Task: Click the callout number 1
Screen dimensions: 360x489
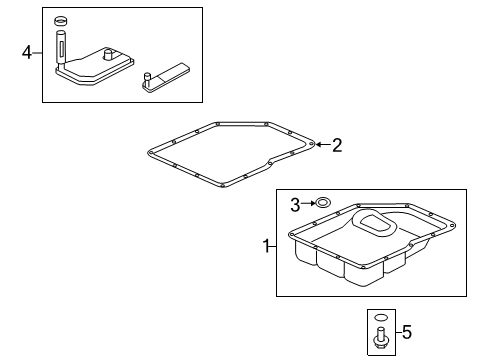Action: tap(266, 246)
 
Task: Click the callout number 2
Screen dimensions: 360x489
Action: tap(337, 146)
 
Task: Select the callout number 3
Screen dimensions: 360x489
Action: tap(296, 205)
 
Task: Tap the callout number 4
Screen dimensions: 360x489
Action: tap(27, 51)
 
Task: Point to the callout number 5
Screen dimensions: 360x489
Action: tap(407, 332)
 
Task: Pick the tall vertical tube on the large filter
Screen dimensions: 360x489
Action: tap(61, 48)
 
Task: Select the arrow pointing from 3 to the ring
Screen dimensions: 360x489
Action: tap(308, 205)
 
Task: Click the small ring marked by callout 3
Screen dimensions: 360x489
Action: tap(322, 205)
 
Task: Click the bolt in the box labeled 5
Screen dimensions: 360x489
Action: tap(381, 341)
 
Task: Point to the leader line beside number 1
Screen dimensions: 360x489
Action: tap(275, 246)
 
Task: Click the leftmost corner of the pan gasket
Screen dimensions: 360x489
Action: tap(144, 151)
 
